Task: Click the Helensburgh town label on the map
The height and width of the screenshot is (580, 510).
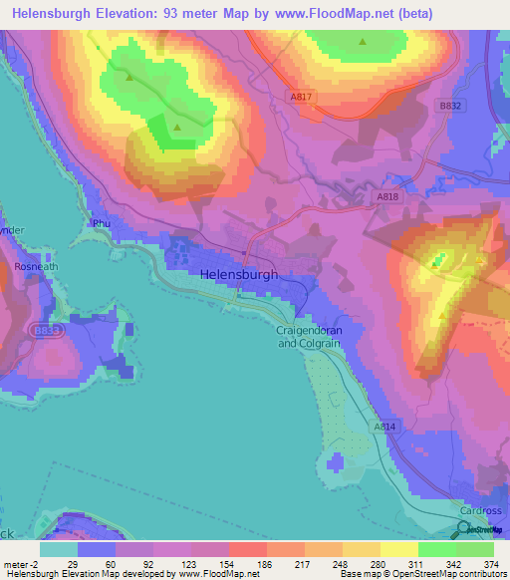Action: click(239, 275)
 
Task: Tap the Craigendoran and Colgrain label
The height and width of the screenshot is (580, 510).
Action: click(308, 337)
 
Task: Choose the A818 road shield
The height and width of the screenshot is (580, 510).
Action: click(388, 198)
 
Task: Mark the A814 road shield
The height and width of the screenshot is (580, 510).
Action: click(385, 427)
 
